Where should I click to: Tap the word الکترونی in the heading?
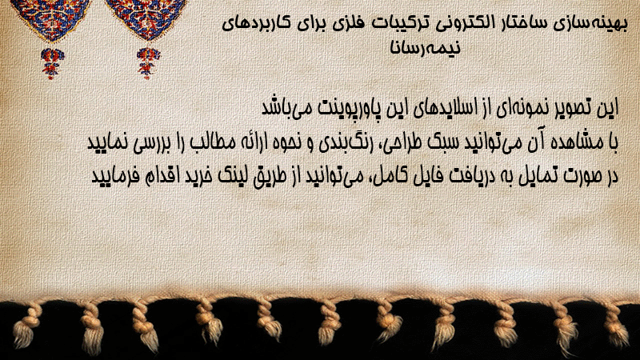[x=451, y=22]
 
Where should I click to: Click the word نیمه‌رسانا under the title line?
[x=426, y=47]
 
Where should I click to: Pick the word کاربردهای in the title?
[x=252, y=22]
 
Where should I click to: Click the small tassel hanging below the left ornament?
[x=52, y=62]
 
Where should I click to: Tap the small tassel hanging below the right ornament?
[x=148, y=62]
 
